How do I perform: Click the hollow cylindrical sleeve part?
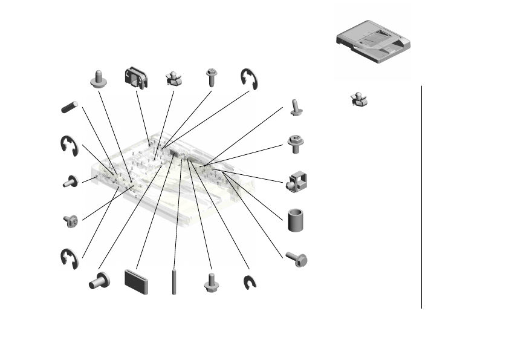[x=296, y=220]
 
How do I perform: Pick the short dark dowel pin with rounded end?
[x=70, y=106]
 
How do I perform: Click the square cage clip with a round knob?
[x=296, y=183]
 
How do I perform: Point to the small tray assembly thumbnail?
[x=374, y=42]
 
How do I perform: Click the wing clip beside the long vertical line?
[x=360, y=99]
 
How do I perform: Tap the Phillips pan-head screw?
[x=70, y=221]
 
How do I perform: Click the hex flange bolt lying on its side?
[x=296, y=260]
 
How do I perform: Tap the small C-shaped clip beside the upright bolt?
[x=249, y=283]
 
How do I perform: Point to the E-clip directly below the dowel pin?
[x=69, y=145]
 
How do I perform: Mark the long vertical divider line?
[x=421, y=197]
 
